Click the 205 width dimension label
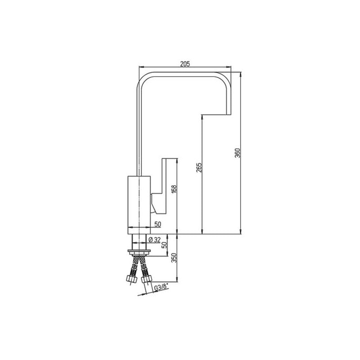(185, 64)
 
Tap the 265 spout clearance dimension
(199, 167)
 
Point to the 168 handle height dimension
(174, 189)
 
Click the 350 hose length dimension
(174, 258)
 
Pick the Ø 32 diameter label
(154, 240)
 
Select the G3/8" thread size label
(161, 288)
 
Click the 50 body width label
(158, 224)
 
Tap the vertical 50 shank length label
(164, 245)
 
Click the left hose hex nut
(132, 279)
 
